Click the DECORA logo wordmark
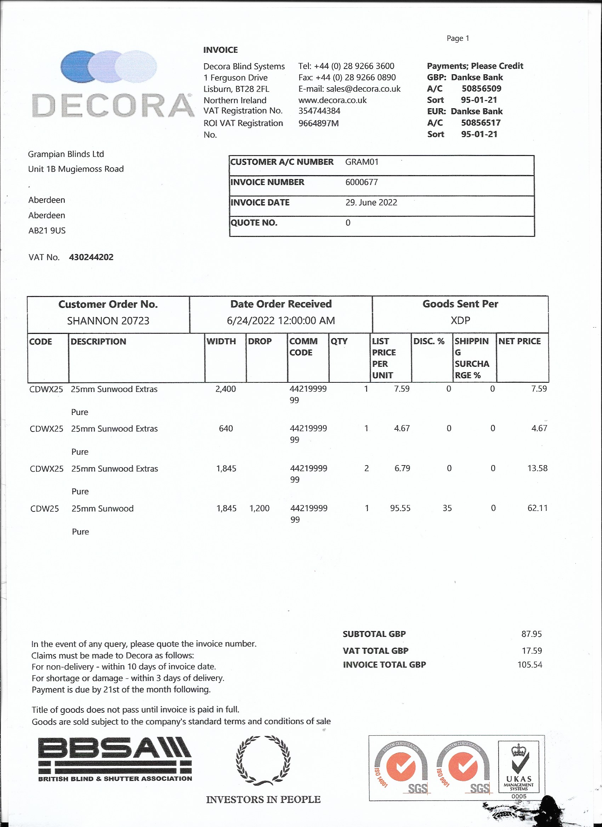[x=113, y=105]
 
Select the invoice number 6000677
[x=362, y=182]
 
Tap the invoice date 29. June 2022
[x=371, y=202]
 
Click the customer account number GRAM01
[x=362, y=162]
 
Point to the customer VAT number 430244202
[x=91, y=257]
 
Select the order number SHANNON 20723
[x=108, y=320]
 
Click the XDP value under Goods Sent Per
[x=460, y=320]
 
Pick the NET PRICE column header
[x=519, y=341]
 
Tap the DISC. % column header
[x=428, y=341]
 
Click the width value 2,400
[x=225, y=389]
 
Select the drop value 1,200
[x=259, y=508]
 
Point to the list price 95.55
[x=400, y=508]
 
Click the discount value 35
[x=447, y=508]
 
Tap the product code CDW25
[x=45, y=509]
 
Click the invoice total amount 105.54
[x=529, y=664]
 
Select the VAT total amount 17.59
[x=532, y=650]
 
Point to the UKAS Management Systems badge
[x=518, y=767]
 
